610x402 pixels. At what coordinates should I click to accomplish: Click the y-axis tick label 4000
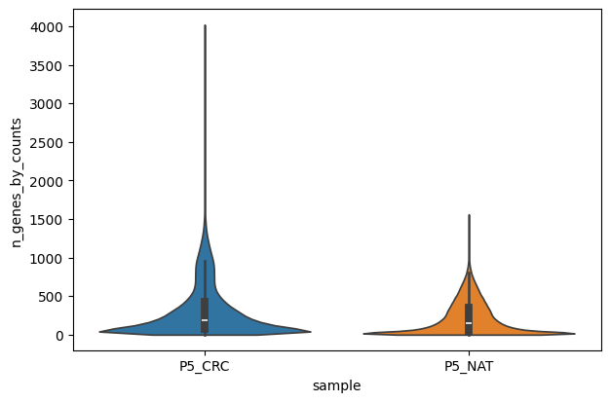point(49,27)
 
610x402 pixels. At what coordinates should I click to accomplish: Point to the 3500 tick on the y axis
point(49,66)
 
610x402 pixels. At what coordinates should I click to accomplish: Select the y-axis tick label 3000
point(49,104)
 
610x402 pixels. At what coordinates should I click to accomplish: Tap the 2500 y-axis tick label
point(49,143)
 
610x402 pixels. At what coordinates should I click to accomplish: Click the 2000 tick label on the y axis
point(49,181)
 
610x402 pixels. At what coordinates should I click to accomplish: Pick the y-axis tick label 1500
point(49,220)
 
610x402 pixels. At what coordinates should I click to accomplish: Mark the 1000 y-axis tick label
point(49,258)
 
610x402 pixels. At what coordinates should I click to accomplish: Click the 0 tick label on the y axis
point(59,335)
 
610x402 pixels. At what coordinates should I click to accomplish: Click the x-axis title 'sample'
point(336,385)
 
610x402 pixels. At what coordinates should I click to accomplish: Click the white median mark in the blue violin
point(205,320)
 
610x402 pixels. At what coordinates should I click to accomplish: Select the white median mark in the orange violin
point(469,323)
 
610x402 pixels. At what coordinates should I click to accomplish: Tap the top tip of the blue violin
point(205,26)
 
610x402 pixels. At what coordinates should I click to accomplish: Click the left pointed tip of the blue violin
point(99,332)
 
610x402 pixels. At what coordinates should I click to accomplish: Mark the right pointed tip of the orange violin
point(575,334)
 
